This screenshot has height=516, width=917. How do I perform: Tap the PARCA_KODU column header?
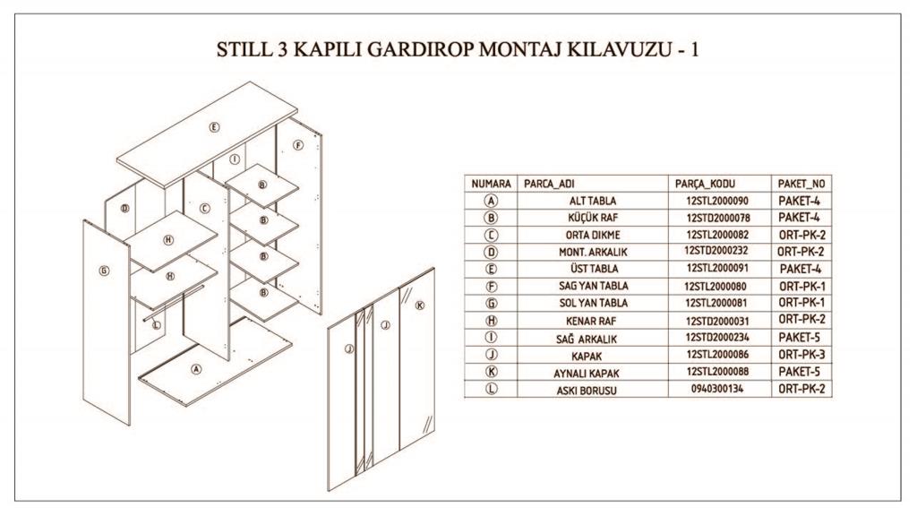click(706, 184)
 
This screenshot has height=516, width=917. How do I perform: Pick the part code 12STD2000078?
click(717, 218)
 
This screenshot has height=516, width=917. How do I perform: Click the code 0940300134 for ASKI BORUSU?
click(717, 390)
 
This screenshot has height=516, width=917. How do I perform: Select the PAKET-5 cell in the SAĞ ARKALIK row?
click(800, 338)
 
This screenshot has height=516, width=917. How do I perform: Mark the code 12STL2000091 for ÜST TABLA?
click(717, 269)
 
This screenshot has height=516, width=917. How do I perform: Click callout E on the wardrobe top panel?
click(214, 126)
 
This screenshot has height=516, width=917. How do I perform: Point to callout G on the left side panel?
click(104, 269)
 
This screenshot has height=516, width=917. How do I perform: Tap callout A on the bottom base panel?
click(197, 367)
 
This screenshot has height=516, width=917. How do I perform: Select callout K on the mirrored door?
click(418, 305)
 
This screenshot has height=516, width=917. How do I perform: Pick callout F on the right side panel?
click(299, 145)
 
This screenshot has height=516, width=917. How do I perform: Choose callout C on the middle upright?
click(205, 209)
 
